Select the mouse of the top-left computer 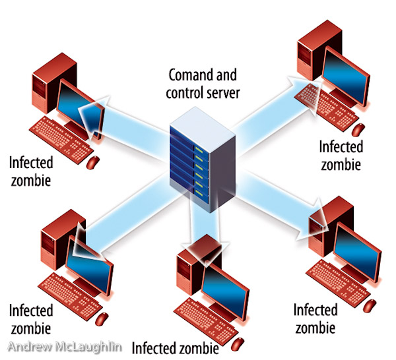click(94, 161)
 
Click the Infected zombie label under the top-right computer click(341, 154)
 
